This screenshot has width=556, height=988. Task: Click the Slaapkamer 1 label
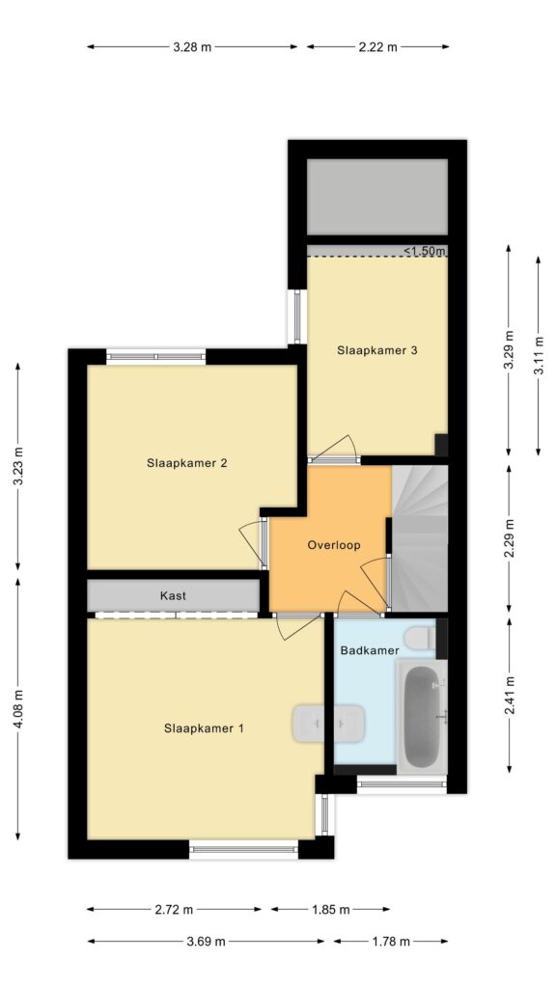(204, 728)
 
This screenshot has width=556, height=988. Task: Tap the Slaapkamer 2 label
(186, 463)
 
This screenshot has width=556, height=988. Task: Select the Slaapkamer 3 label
(377, 350)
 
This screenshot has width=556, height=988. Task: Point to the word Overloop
(334, 545)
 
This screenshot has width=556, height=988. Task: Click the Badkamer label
(370, 650)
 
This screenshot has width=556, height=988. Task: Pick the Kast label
(173, 595)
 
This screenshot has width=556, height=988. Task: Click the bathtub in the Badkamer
(422, 715)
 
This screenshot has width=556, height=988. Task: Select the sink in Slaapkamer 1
(328, 724)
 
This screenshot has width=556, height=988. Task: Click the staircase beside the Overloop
(420, 538)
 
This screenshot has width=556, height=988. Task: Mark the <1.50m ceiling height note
(425, 252)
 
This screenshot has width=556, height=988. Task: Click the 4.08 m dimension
(17, 709)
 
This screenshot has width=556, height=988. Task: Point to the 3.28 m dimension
(192, 46)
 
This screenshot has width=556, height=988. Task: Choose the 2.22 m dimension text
(378, 46)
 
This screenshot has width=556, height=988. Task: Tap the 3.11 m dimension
(539, 355)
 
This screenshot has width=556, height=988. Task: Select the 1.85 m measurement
(331, 909)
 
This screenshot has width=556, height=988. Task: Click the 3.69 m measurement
(207, 942)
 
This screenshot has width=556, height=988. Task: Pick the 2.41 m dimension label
(510, 695)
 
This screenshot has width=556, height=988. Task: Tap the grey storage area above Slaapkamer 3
(377, 197)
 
